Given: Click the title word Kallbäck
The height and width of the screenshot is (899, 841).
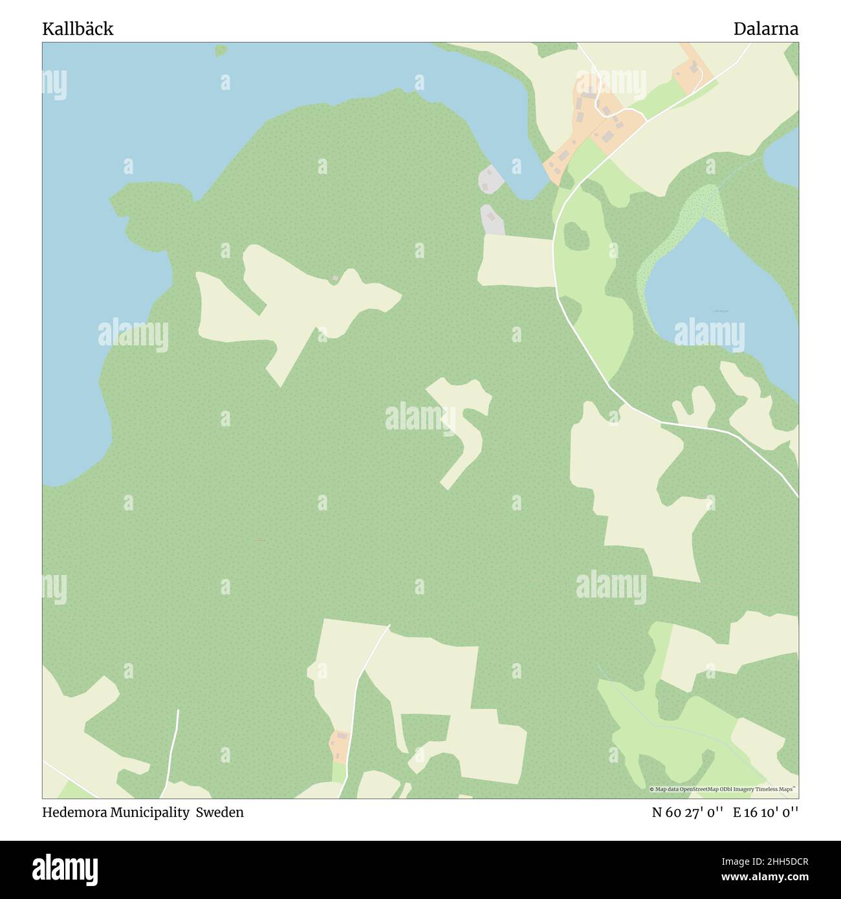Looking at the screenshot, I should click(78, 29).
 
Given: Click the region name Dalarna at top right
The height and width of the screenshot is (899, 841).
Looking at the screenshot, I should click(765, 29).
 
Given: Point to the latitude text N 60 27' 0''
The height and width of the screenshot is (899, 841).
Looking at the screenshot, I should click(687, 813).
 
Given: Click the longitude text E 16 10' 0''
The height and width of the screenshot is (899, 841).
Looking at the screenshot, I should click(765, 813).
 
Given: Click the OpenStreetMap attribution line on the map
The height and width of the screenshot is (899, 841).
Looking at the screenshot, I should click(723, 789).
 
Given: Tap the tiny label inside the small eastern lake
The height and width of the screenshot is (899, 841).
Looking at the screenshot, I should click(721, 311).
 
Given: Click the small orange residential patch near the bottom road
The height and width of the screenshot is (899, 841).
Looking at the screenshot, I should click(340, 746).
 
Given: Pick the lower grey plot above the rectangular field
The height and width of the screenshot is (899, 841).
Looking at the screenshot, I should click(492, 220).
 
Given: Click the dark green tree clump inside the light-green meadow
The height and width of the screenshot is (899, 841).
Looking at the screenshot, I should click(576, 237).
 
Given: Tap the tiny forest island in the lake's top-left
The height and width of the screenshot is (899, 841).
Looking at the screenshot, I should click(221, 50).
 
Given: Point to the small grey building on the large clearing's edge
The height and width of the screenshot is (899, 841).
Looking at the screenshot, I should click(335, 278).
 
